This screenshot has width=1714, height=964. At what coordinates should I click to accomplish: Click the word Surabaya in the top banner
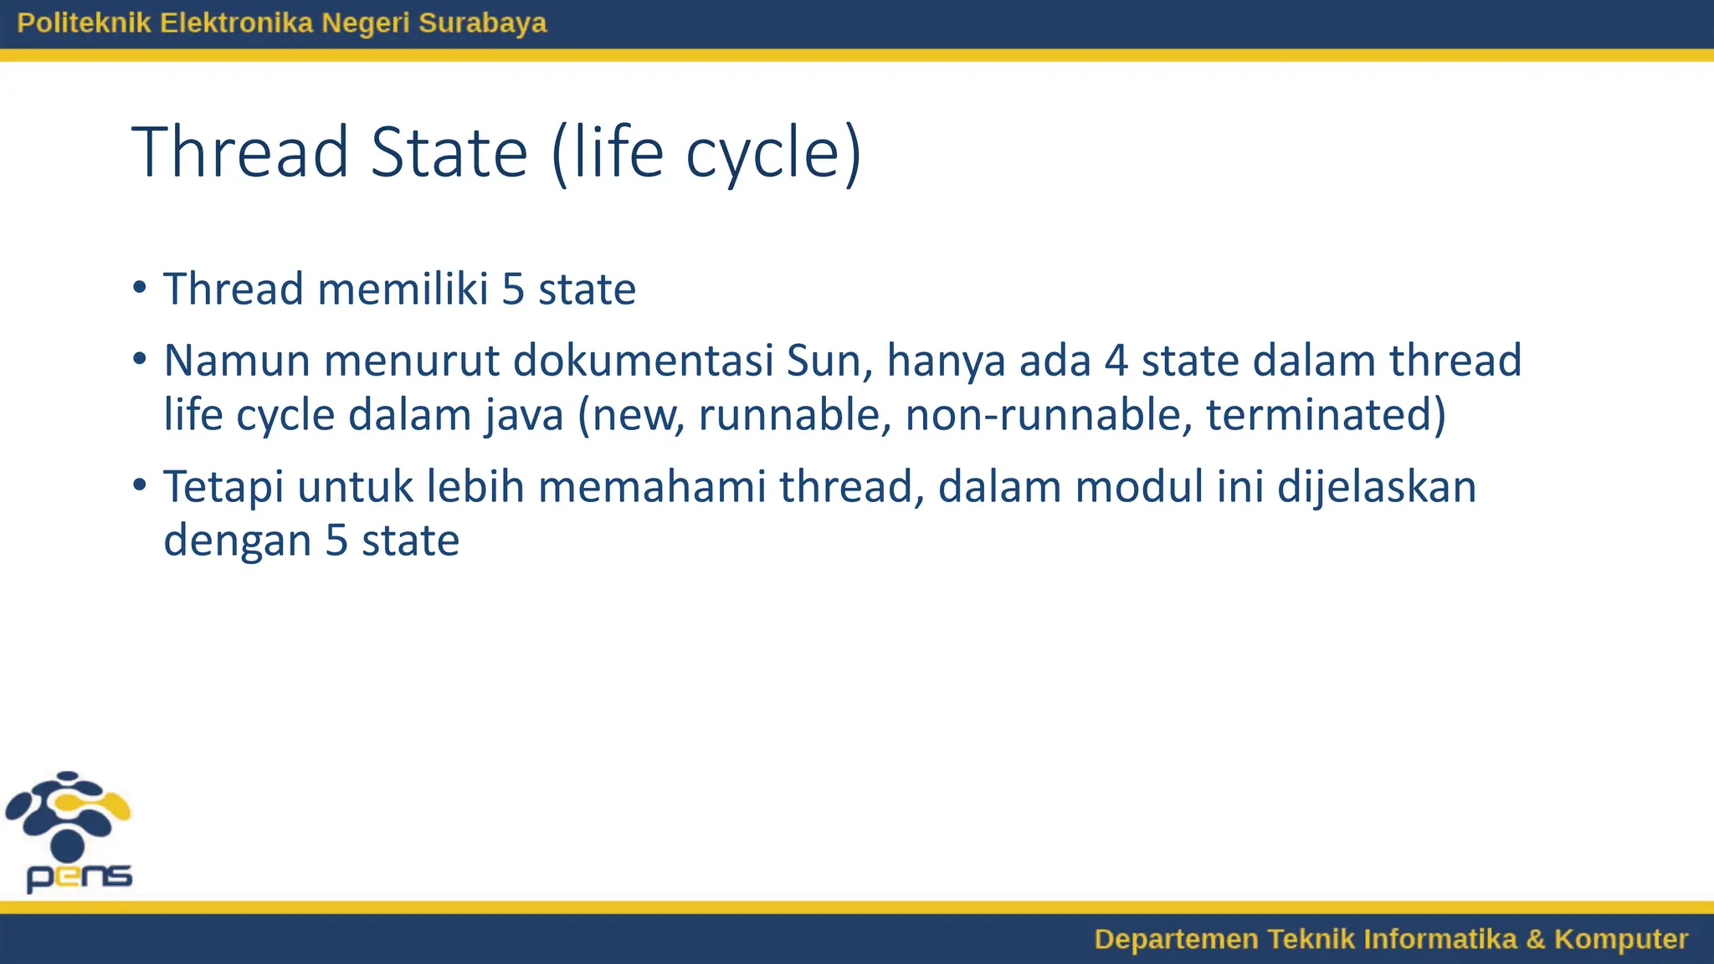pos(482,23)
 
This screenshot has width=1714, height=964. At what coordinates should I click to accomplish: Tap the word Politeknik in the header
pos(84,23)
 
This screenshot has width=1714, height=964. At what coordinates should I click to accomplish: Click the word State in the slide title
pos(449,152)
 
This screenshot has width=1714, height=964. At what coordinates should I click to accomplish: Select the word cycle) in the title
pos(773,152)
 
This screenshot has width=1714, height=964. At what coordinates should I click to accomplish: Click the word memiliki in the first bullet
pos(403,290)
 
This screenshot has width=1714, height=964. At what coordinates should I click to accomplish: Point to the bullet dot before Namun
pos(140,359)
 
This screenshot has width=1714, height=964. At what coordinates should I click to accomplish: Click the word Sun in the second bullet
pos(829,361)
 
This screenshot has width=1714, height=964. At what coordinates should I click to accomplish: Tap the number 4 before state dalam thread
pos(1116,361)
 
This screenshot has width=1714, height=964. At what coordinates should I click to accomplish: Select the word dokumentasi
pos(643,361)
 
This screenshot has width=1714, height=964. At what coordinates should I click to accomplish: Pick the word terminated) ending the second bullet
pos(1325,415)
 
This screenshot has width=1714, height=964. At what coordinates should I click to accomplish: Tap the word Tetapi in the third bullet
pos(223,487)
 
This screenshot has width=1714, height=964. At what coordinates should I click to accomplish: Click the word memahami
pos(651,487)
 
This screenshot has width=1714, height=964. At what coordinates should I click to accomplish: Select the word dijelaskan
pos(1377,487)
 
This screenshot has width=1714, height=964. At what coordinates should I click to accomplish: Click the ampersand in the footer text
pos(1535,939)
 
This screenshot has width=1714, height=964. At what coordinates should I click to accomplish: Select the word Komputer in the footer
pos(1620,939)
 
